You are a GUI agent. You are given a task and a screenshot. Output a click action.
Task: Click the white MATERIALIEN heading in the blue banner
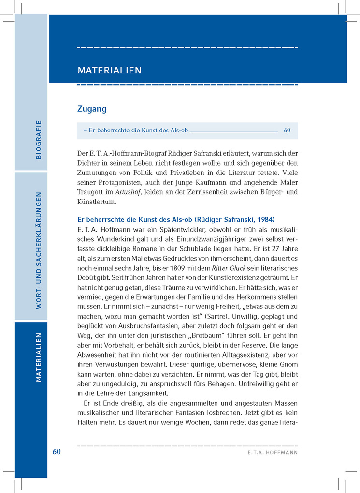pyautogui.click(x=109, y=71)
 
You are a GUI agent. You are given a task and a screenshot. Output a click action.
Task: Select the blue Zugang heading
pyautogui.click(x=92, y=109)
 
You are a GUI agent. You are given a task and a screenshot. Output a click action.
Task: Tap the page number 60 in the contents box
pyautogui.click(x=287, y=130)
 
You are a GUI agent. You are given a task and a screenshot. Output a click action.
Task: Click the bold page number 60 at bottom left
pyautogui.click(x=57, y=451)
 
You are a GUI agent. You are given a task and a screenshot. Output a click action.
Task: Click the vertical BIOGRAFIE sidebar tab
pyautogui.click(x=39, y=139)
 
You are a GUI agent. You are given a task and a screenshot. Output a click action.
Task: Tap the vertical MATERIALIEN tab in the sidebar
pyautogui.click(x=39, y=358)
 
